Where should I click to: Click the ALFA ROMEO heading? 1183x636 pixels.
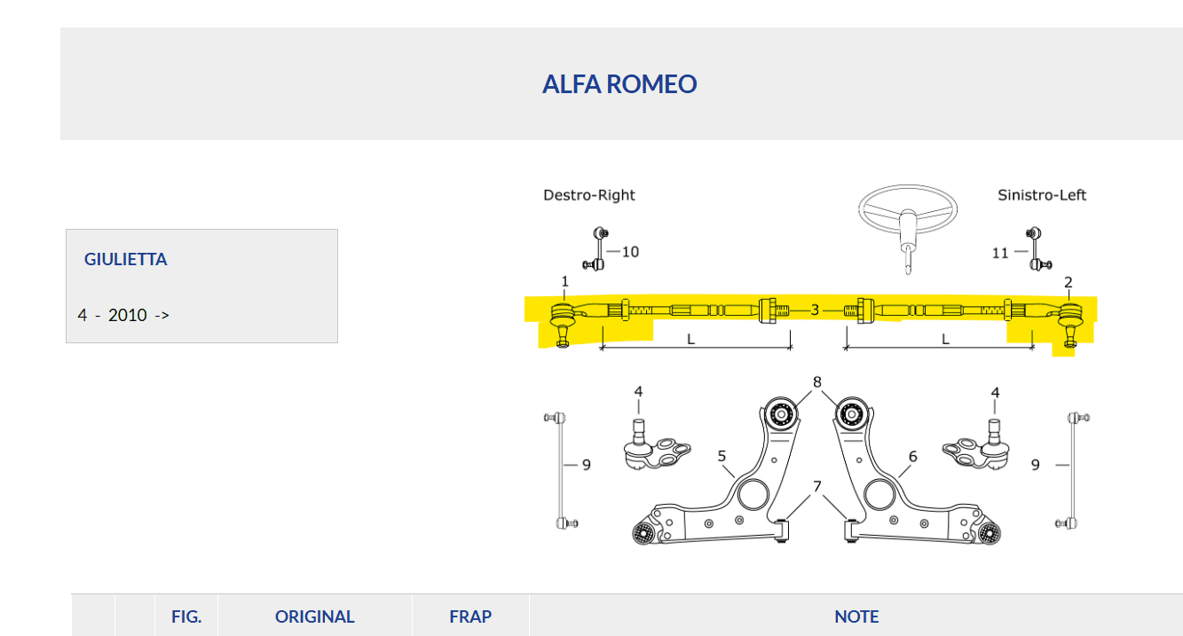click(619, 84)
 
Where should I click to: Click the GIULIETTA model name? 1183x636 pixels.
click(125, 260)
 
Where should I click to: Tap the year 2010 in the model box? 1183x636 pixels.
click(127, 315)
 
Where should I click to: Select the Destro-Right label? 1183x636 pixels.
click(589, 195)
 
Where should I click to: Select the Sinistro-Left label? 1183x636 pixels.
click(1042, 195)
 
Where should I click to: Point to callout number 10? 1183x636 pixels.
click(629, 252)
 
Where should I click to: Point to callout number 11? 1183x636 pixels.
click(1000, 253)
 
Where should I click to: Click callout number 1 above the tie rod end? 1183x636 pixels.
click(564, 282)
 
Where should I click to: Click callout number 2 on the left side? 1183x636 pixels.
click(1069, 283)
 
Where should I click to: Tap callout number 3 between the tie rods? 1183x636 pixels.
click(815, 310)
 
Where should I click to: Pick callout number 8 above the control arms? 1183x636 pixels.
click(816, 382)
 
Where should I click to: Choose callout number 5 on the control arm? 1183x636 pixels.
click(722, 456)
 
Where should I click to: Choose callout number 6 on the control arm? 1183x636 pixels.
click(912, 456)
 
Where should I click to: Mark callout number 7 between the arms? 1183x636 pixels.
click(817, 486)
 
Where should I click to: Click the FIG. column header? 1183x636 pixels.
click(186, 616)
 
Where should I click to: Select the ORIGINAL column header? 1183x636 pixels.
click(314, 616)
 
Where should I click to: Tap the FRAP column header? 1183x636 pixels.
click(470, 616)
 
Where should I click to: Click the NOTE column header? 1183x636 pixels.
click(856, 616)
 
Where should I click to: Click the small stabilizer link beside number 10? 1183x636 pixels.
click(599, 249)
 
